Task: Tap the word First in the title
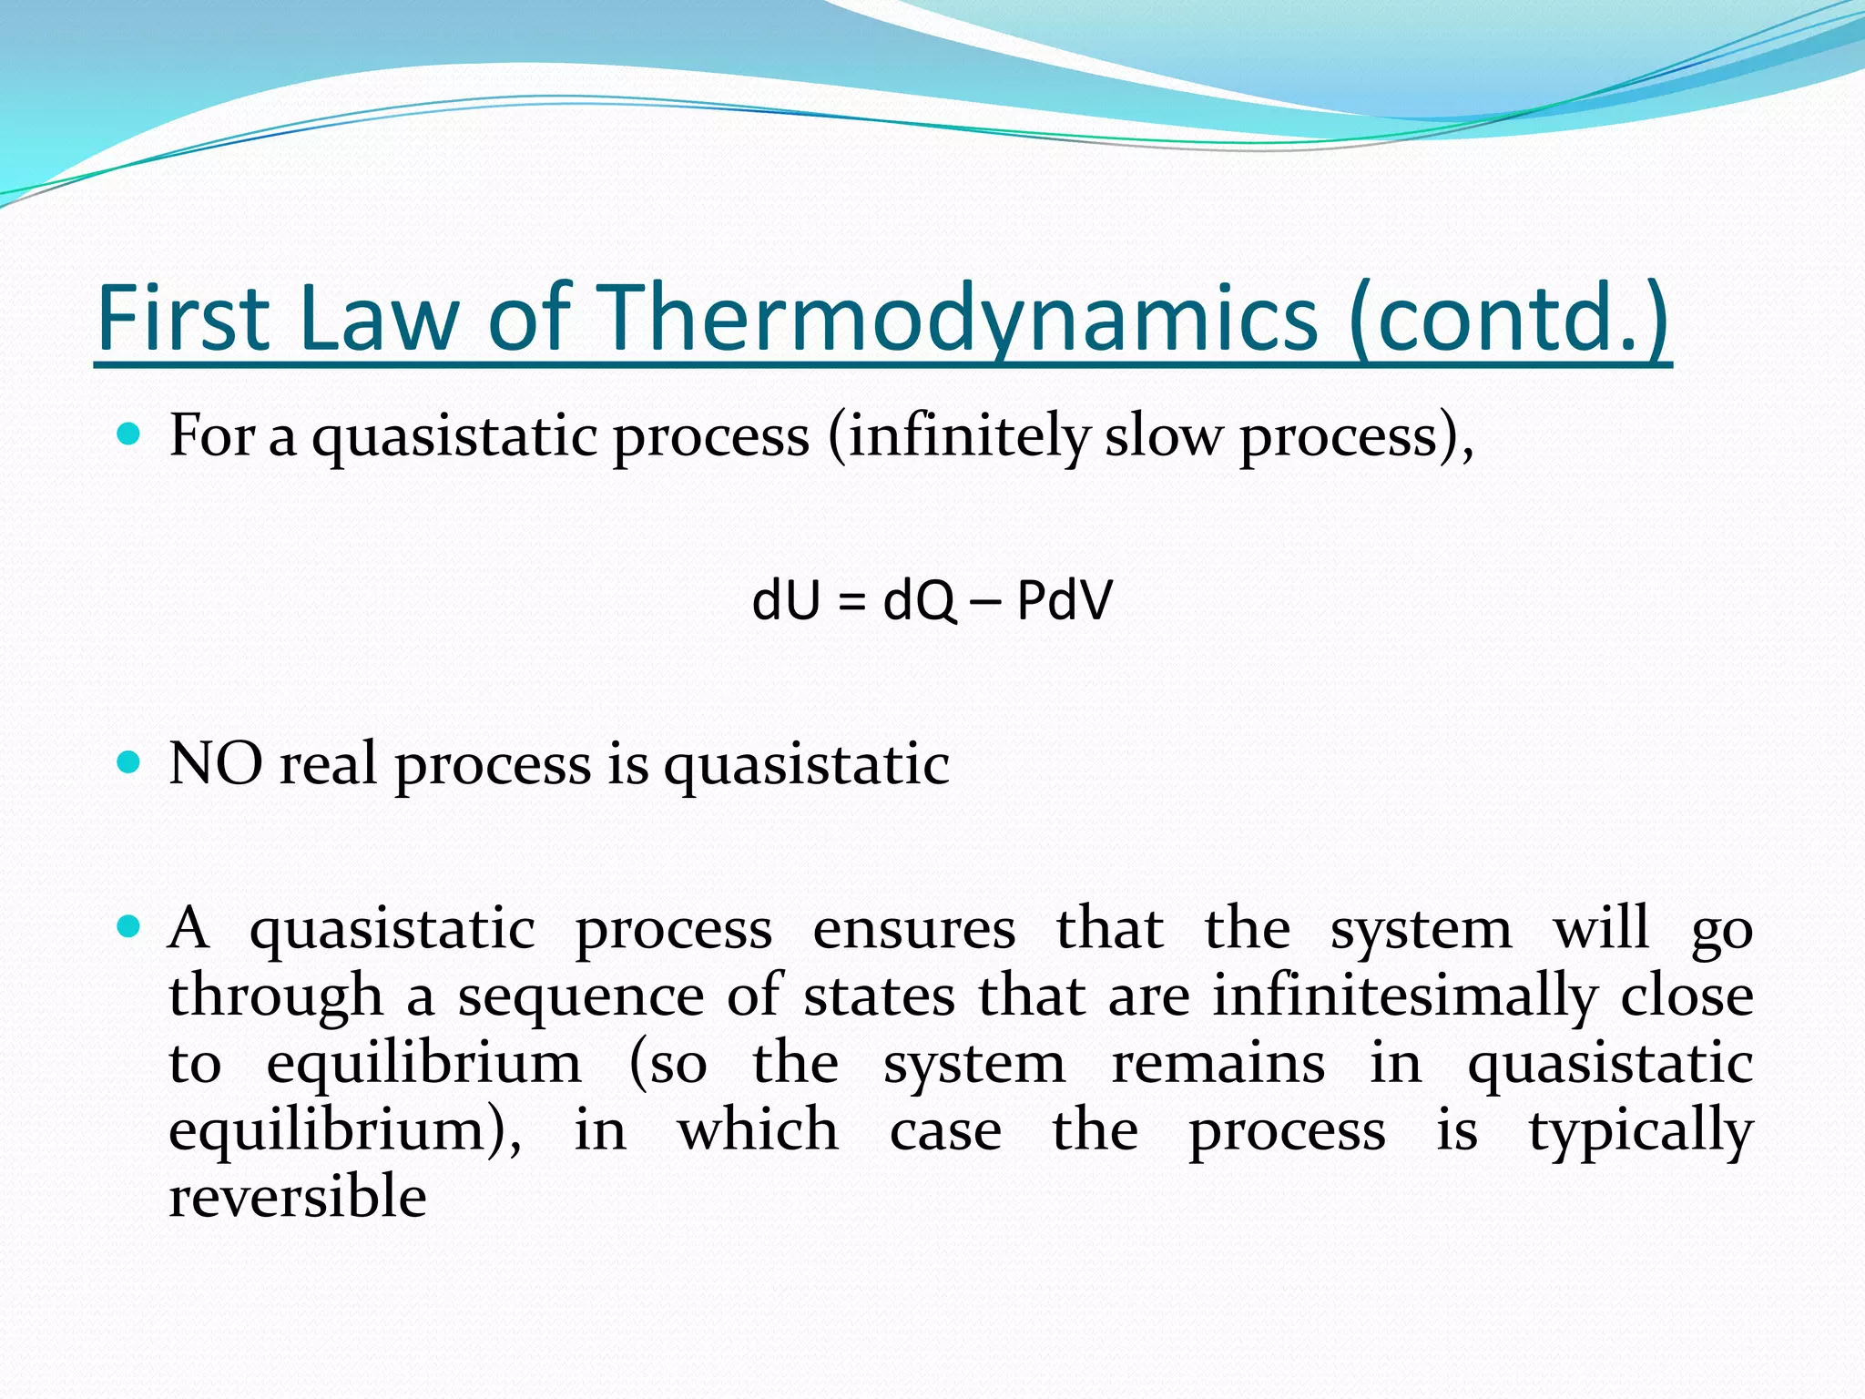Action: click(x=183, y=319)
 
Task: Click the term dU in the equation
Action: click(x=786, y=601)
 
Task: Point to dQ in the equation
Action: click(x=919, y=601)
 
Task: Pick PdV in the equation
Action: click(x=1065, y=601)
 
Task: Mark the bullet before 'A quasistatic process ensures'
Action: click(x=129, y=927)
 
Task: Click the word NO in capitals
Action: click(x=216, y=763)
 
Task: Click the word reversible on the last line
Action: click(x=298, y=1197)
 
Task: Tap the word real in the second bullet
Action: click(x=328, y=763)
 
